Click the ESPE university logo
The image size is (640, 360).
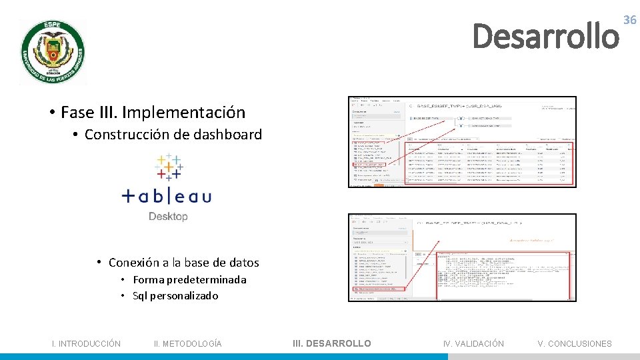pos(53,52)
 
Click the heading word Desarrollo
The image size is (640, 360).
pos(545,36)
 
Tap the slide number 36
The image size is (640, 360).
pos(629,21)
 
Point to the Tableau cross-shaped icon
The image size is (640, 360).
pos(169,167)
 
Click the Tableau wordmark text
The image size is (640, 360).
pos(167,196)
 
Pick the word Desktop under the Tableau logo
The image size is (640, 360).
pos(168,216)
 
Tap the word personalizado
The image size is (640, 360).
pos(183,296)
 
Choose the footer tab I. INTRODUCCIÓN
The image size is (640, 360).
pos(87,344)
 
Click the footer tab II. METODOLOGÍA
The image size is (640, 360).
pos(188,344)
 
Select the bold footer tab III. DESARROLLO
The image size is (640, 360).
pos(332,343)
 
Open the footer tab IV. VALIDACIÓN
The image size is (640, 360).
pos(473,344)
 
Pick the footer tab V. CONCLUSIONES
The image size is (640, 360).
pos(575,344)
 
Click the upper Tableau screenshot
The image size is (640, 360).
pos(462,142)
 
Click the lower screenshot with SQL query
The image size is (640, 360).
pos(462,257)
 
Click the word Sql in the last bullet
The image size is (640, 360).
pos(140,296)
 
